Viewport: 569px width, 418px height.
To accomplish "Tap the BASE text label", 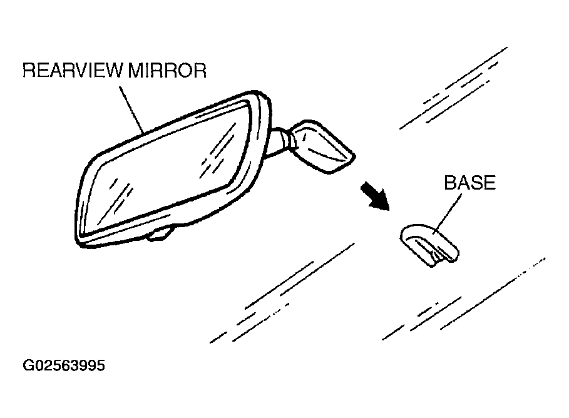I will pos(469,183).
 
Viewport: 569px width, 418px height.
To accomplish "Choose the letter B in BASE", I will pos(449,183).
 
